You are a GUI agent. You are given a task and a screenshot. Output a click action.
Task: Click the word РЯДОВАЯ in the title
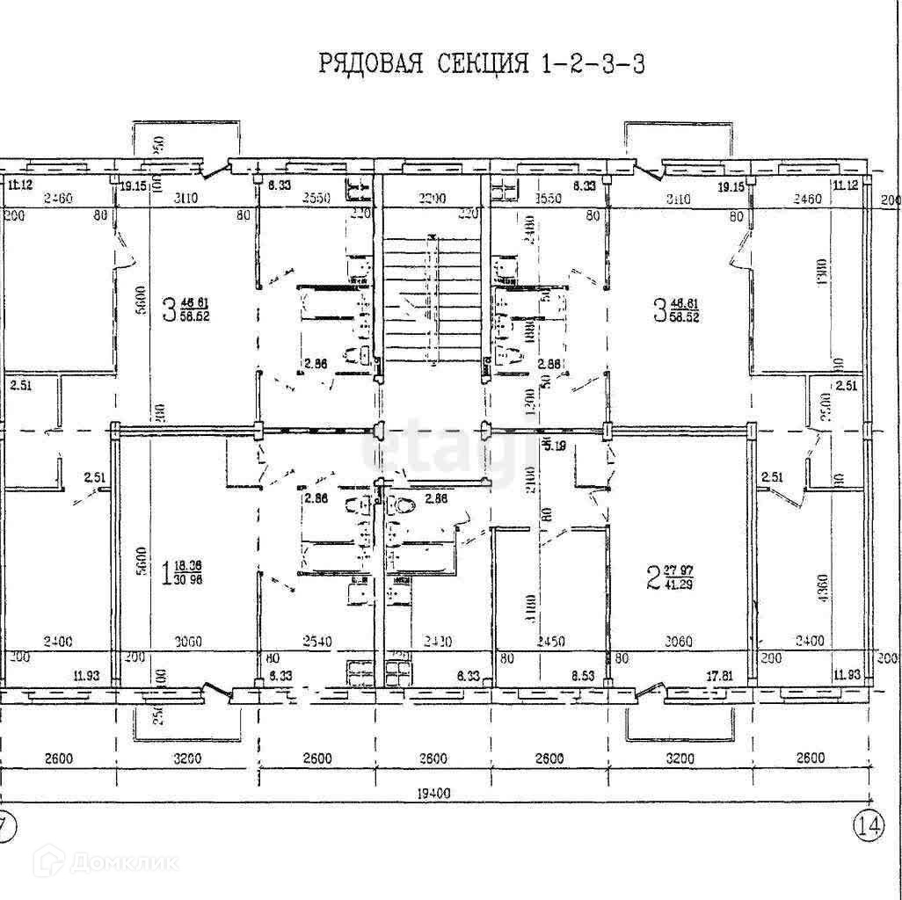[x=369, y=64]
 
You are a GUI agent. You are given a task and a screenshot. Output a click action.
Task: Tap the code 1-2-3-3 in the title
[x=589, y=64]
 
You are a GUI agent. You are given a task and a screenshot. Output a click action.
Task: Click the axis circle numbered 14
[x=868, y=824]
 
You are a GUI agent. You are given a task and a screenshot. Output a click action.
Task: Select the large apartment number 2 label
[x=653, y=577]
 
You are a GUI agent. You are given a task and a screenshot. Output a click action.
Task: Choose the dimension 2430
[x=433, y=642]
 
